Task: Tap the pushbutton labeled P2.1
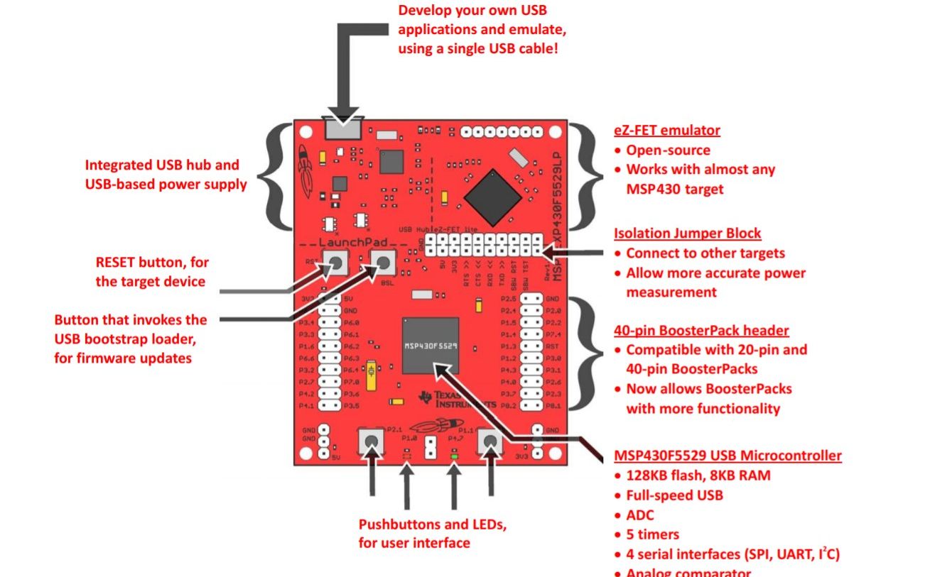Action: (x=370, y=443)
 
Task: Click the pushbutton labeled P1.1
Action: (x=489, y=443)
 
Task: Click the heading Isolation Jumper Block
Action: (x=687, y=233)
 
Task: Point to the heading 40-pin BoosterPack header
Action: (x=700, y=331)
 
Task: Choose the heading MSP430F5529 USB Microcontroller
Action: (x=727, y=456)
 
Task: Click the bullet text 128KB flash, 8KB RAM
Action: (x=698, y=476)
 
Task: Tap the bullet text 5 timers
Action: (x=652, y=534)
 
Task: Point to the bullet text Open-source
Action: (x=668, y=150)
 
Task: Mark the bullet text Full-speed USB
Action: (x=674, y=495)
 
